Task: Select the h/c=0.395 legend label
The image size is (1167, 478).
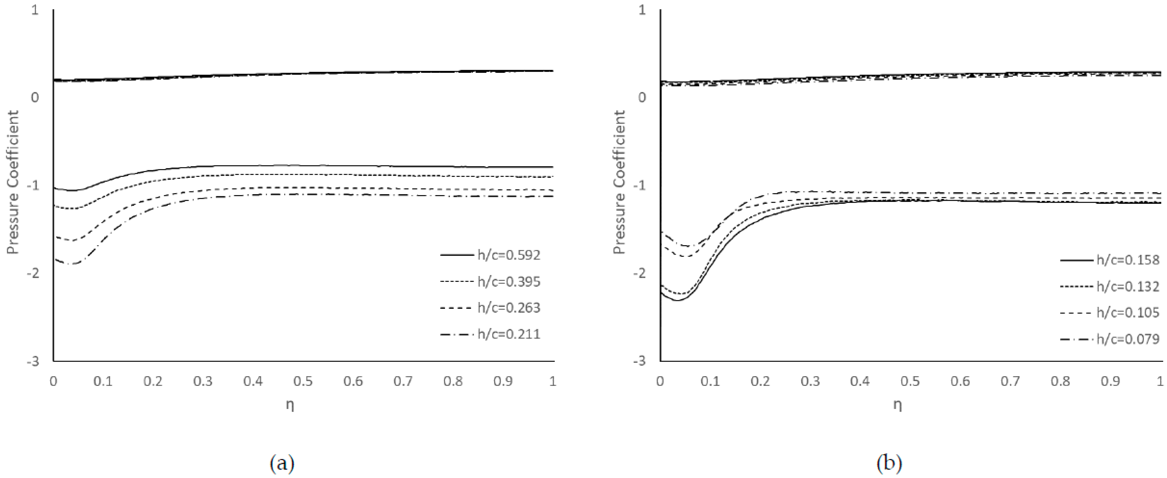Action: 509,282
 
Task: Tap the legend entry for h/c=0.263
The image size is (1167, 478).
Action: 509,308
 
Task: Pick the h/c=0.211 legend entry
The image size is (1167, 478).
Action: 509,334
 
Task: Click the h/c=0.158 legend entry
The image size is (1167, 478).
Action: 1128,260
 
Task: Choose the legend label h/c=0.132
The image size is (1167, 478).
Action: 1128,286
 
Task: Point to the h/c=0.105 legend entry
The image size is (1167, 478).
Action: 1128,313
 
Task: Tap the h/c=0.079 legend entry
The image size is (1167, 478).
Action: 1128,339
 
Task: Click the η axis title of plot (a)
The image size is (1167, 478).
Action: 290,405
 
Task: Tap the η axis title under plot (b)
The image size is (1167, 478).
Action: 898,405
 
